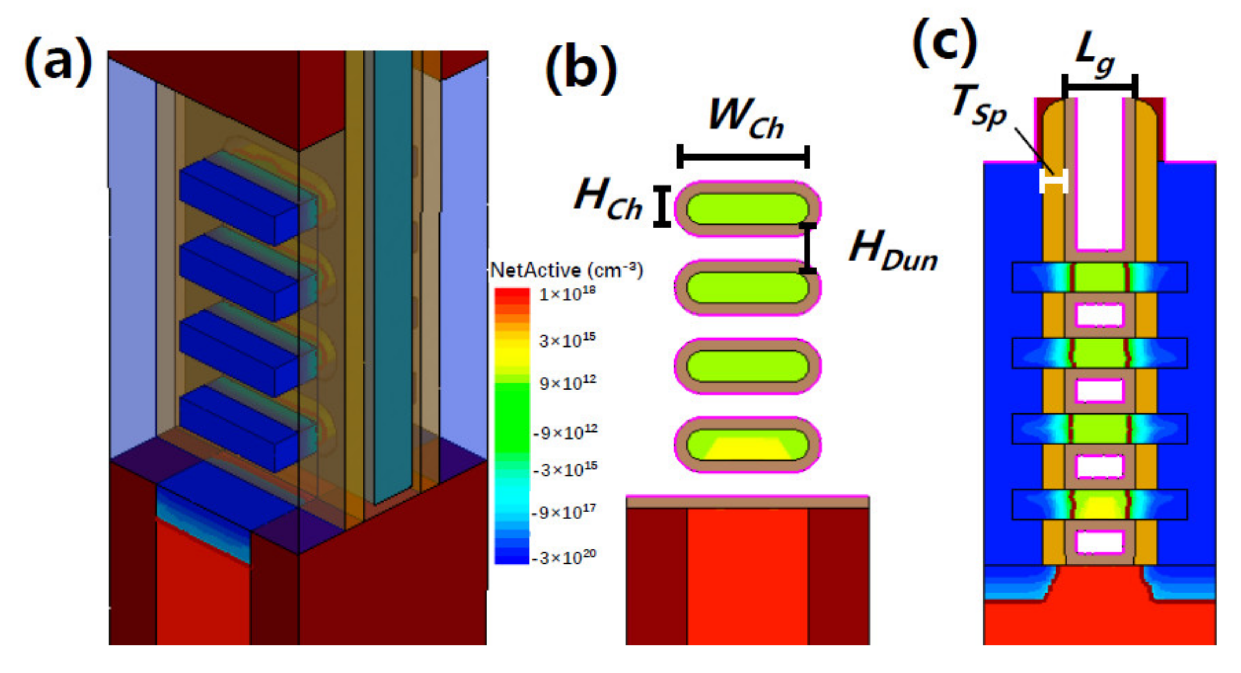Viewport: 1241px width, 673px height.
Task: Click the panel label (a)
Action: pyautogui.click(x=58, y=63)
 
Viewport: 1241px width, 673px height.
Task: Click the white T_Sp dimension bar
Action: pyautogui.click(x=1053, y=181)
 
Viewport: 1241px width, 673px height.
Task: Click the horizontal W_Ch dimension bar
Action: pyautogui.click(x=743, y=156)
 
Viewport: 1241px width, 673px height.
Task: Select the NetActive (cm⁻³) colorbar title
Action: pyautogui.click(x=566, y=271)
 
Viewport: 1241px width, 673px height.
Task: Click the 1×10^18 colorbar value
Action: pyautogui.click(x=567, y=293)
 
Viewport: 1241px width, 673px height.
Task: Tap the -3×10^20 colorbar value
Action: pyautogui.click(x=564, y=557)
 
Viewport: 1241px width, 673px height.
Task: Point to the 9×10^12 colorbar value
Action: pyautogui.click(x=567, y=383)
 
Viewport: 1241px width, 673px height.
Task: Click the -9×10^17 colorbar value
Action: pyautogui.click(x=564, y=512)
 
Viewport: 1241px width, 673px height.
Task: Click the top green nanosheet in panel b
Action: pyautogui.click(x=747, y=208)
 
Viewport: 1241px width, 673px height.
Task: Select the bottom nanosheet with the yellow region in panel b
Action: pyautogui.click(x=747, y=445)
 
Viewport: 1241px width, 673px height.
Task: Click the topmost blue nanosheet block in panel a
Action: pyautogui.click(x=240, y=202)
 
